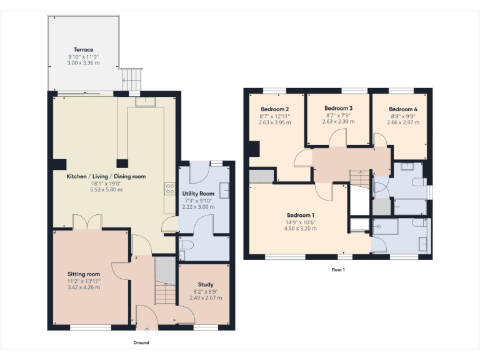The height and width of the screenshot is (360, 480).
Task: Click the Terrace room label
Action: [83, 49]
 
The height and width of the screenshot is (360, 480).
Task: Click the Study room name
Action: [205, 284]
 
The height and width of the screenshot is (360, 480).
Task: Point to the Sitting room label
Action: [84, 274]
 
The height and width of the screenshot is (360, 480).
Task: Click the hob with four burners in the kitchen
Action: [169, 188]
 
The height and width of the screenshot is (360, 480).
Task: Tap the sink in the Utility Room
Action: [224, 189]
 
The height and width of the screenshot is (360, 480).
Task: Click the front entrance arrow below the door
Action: [147, 329]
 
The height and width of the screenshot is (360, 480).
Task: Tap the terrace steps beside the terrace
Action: [132, 79]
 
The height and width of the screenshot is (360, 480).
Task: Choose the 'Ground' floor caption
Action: [141, 342]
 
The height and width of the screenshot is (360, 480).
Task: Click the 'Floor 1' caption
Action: [338, 270]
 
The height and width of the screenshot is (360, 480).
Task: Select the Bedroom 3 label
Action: [339, 108]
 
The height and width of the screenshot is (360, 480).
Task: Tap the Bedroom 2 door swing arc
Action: [302, 159]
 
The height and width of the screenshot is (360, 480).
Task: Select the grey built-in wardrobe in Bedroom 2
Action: [261, 176]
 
